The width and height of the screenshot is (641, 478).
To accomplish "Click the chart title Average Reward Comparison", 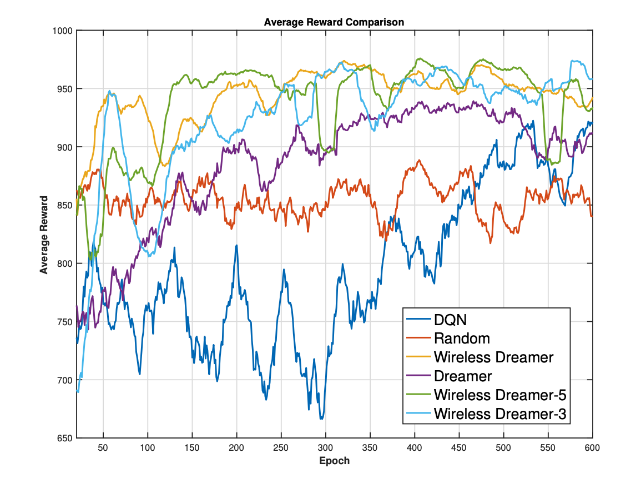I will coord(334,22).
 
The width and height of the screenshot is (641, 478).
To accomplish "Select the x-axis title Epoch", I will coord(334,461).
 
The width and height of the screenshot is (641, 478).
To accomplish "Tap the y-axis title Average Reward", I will coord(44,235).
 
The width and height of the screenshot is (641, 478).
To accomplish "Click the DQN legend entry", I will coord(450,320).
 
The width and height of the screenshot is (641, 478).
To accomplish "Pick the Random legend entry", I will coord(462,338).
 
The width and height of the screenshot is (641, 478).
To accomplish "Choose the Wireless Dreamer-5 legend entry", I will coord(500,395).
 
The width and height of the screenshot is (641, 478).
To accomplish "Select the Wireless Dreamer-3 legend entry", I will coord(500,414).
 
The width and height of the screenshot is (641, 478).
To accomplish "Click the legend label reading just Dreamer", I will coord(463,376).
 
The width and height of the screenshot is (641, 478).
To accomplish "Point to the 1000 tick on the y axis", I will coord(62,31).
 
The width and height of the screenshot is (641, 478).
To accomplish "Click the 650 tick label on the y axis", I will coord(64,439).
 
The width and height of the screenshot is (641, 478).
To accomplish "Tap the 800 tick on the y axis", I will coord(64,263).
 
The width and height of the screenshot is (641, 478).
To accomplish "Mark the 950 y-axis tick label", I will coord(64,89).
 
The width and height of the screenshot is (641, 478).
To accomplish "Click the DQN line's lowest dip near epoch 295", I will coord(321,418).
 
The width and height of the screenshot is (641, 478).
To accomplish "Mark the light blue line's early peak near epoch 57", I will coord(109,91).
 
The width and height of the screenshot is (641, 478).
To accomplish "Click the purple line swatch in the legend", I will coord(419,376).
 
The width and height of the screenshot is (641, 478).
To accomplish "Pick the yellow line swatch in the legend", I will coord(419,357).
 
